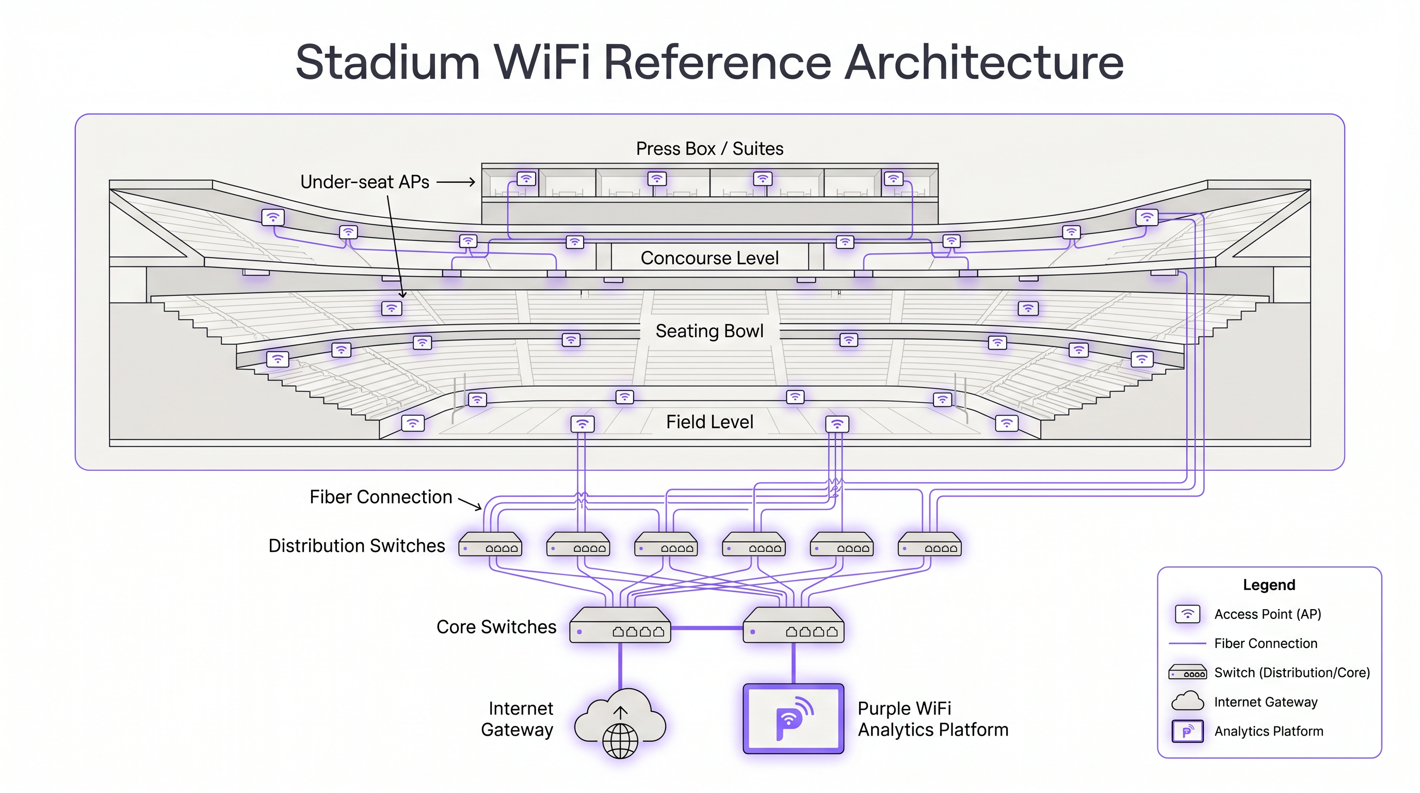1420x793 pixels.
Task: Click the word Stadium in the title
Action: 388,62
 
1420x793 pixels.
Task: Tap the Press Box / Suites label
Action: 709,149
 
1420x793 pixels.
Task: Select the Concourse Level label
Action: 709,258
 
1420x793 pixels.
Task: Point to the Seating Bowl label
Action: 709,331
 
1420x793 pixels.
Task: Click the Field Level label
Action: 709,422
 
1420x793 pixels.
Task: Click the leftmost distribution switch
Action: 490,544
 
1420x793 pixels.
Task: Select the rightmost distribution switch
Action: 929,544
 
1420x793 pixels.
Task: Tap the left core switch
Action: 620,626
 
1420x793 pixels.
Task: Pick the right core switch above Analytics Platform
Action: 793,626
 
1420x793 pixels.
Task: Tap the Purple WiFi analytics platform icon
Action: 793,719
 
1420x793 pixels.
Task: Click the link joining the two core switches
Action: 707,628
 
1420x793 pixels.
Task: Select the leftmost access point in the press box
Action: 526,179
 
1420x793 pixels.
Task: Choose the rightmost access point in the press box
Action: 893,179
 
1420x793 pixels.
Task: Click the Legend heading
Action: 1268,585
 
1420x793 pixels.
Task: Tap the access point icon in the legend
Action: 1187,614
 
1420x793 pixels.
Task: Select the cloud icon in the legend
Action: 1187,702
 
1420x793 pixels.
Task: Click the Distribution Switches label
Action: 357,546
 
